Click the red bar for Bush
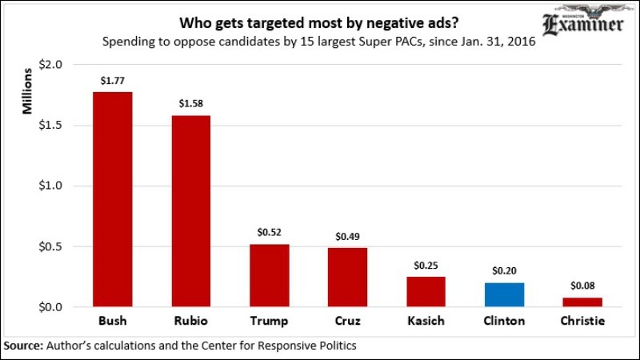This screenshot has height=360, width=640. click(112, 199)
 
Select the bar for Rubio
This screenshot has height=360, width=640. click(190, 211)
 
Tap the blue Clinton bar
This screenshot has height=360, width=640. click(504, 294)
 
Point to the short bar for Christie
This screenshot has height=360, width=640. click(582, 302)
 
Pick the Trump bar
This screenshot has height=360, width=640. click(269, 275)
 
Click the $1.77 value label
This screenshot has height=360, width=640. click(112, 80)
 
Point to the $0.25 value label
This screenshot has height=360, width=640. click(426, 264)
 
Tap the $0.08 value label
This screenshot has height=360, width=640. click(582, 285)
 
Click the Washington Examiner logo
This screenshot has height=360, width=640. click(582, 23)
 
